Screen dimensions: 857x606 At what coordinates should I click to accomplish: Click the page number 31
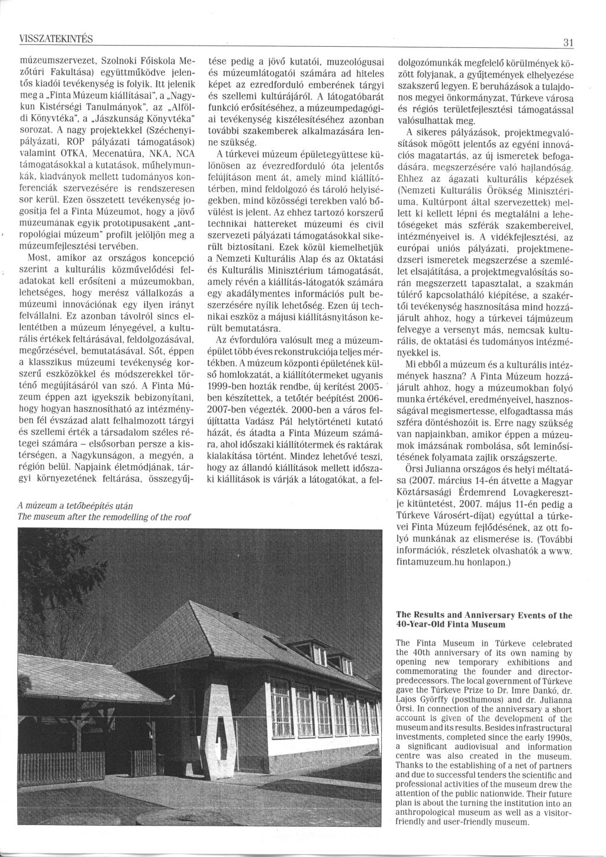click(x=569, y=43)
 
